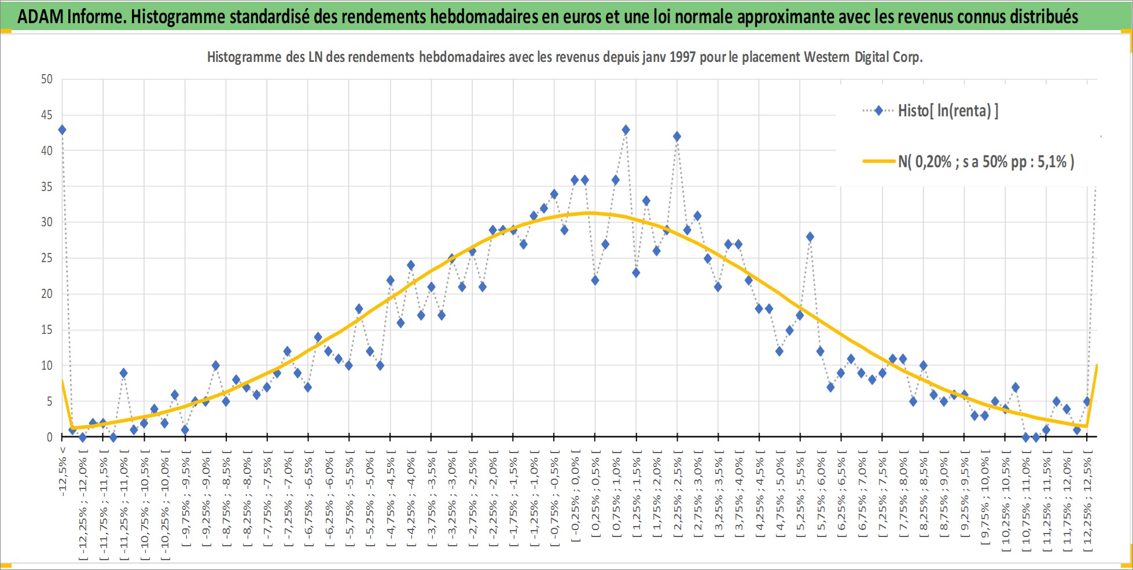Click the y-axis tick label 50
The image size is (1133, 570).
point(47,79)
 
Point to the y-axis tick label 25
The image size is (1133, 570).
point(47,258)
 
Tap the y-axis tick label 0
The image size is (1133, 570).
point(50,437)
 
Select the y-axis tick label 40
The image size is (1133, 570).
point(47,150)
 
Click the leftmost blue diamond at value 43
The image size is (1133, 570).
point(62,130)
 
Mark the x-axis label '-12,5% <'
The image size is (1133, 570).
point(62,471)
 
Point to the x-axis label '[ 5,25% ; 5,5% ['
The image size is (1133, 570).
point(801,497)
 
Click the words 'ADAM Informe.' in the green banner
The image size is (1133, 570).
point(72,16)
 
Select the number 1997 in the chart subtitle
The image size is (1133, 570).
point(682,57)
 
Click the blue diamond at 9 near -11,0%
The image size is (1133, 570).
point(123,373)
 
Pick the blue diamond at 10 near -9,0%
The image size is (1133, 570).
point(216,366)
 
